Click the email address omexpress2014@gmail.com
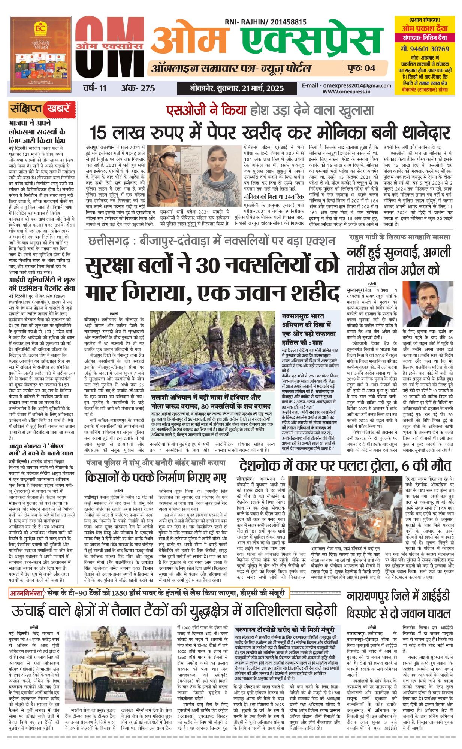click(x=347, y=85)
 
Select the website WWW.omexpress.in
click(x=346, y=91)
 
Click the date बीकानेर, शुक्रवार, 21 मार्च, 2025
click(x=236, y=88)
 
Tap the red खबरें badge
click(x=58, y=109)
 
